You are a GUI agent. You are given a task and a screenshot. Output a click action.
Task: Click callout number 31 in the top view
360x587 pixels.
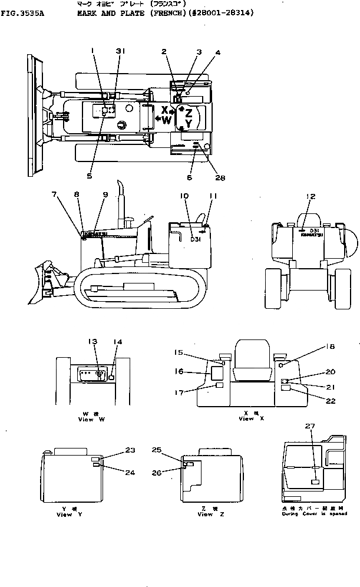coord(120,51)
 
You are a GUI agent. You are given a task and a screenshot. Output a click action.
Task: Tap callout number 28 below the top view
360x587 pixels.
coord(220,178)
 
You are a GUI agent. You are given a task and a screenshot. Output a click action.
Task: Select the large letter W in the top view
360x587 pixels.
coord(167,120)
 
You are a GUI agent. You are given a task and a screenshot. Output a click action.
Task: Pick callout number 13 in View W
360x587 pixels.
coord(93,342)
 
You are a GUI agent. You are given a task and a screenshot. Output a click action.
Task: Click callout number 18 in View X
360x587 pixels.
coord(330,347)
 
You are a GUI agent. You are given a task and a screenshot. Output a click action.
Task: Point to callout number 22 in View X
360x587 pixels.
coord(330,401)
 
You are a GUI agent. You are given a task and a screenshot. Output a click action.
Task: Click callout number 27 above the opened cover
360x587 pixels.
coord(310,425)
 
